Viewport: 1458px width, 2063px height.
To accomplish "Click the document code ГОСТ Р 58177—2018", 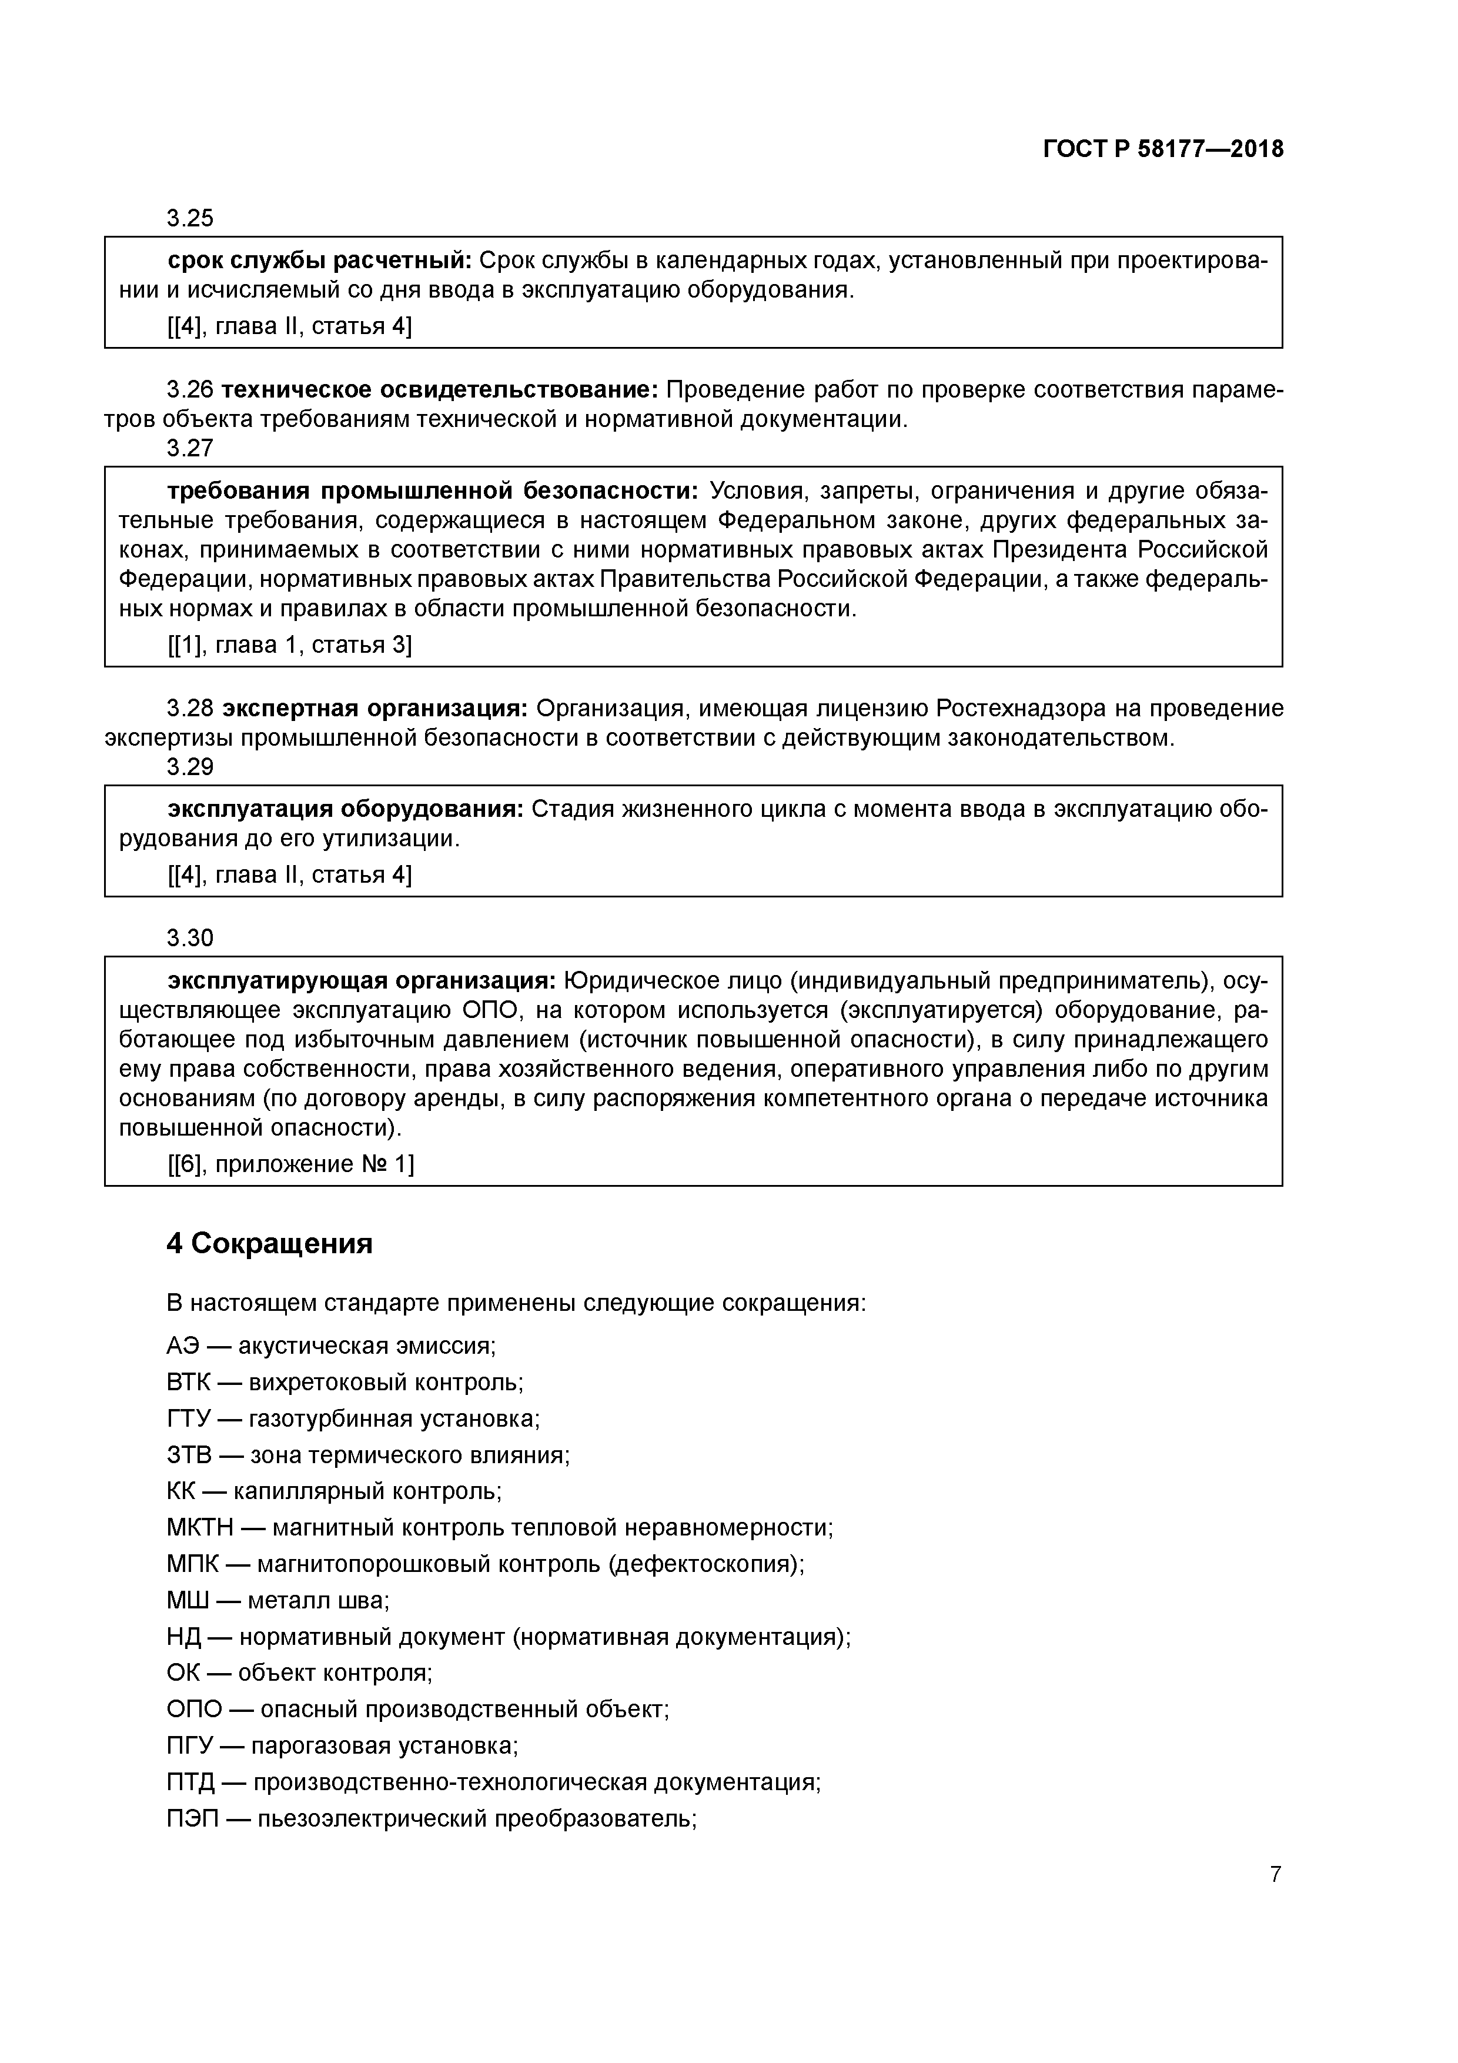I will tap(1163, 149).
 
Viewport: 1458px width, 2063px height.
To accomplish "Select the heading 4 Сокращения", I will tap(269, 1244).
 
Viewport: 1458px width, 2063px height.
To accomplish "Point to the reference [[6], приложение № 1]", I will tap(290, 1164).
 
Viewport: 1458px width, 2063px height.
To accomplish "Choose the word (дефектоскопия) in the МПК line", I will tap(706, 1564).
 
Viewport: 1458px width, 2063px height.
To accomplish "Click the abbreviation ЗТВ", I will tap(189, 1455).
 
